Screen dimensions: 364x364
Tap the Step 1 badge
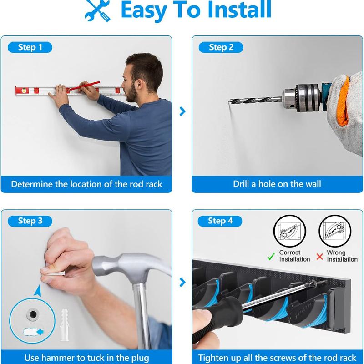[x=30, y=47]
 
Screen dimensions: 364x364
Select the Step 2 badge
[x=221, y=47]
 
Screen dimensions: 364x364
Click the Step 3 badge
[x=30, y=221]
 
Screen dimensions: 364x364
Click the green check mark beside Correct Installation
[x=271, y=257]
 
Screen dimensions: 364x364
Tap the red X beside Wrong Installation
[x=319, y=257]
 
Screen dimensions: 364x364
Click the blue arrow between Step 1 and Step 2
[x=182, y=111]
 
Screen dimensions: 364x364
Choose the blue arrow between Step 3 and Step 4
[x=182, y=282]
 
